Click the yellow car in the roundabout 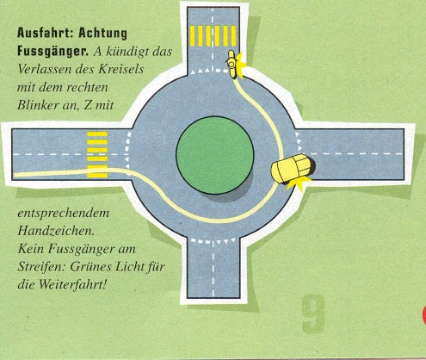[293, 169]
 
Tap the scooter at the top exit [232, 65]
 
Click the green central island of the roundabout [215, 155]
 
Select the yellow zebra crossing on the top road [213, 36]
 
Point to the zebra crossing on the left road [97, 154]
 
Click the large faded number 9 [313, 314]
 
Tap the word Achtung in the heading [102, 34]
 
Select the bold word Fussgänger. [52, 51]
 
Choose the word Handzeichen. [56, 231]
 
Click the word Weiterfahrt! [72, 284]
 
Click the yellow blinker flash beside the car [299, 183]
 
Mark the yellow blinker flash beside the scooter [240, 65]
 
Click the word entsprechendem [64, 214]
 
